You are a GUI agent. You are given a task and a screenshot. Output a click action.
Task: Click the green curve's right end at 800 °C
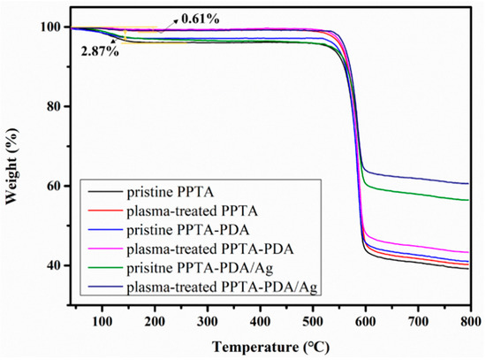pyautogui.click(x=468, y=200)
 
